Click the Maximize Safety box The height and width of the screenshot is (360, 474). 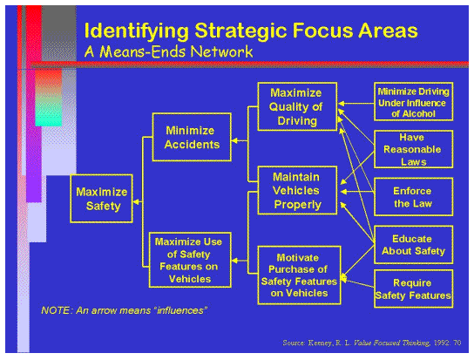pyautogui.click(x=102, y=199)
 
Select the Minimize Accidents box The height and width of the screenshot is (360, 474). pyautogui.click(x=193, y=137)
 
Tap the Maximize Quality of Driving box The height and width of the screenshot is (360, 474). pyautogui.click(x=296, y=106)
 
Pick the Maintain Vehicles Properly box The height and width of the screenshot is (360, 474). pyautogui.click(x=296, y=191)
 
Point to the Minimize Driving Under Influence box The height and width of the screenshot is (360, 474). pyautogui.click(x=414, y=102)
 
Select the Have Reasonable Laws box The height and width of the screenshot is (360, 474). pyautogui.click(x=414, y=149)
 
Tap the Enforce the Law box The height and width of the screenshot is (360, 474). pyautogui.click(x=414, y=197)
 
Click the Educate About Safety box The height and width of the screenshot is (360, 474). pyautogui.click(x=414, y=245)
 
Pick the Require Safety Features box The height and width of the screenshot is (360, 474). pyautogui.click(x=414, y=289)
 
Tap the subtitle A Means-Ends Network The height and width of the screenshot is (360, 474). pyautogui.click(x=168, y=51)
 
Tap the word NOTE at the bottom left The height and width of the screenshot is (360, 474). pyautogui.click(x=57, y=310)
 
